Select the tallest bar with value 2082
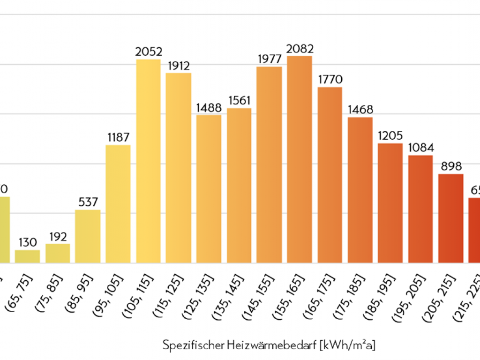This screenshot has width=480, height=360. (x=300, y=159)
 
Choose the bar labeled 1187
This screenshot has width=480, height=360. (x=118, y=203)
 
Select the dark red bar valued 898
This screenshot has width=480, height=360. (x=451, y=218)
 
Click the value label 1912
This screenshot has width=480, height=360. (x=178, y=66)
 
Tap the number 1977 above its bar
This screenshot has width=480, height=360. (x=270, y=59)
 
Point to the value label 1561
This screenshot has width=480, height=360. (x=240, y=100)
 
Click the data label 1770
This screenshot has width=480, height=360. (x=330, y=79)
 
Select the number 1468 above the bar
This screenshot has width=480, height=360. (x=360, y=110)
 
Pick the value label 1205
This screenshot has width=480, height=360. (x=390, y=136)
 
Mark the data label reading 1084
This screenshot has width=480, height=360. (x=420, y=148)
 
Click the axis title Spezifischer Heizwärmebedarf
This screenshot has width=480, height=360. (x=269, y=345)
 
